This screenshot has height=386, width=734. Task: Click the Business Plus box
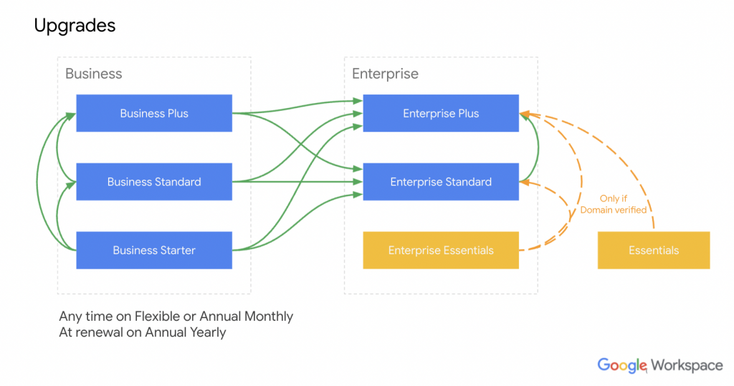[154, 113]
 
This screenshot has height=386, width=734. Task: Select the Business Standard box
[154, 182]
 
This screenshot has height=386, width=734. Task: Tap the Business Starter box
[154, 251]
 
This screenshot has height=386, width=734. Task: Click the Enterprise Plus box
[441, 113]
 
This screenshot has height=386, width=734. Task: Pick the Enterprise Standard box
[441, 182]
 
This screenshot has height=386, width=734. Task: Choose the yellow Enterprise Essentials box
[441, 251]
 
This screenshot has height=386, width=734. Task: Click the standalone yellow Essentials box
[654, 251]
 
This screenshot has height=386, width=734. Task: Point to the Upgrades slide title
[75, 26]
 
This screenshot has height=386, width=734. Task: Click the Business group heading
[93, 74]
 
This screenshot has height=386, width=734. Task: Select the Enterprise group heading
[385, 74]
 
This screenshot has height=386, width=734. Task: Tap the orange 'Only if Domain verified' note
[613, 204]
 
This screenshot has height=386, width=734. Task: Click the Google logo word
[622, 365]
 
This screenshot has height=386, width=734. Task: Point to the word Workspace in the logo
[687, 365]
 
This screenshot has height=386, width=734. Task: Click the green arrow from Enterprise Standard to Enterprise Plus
[537, 147]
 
